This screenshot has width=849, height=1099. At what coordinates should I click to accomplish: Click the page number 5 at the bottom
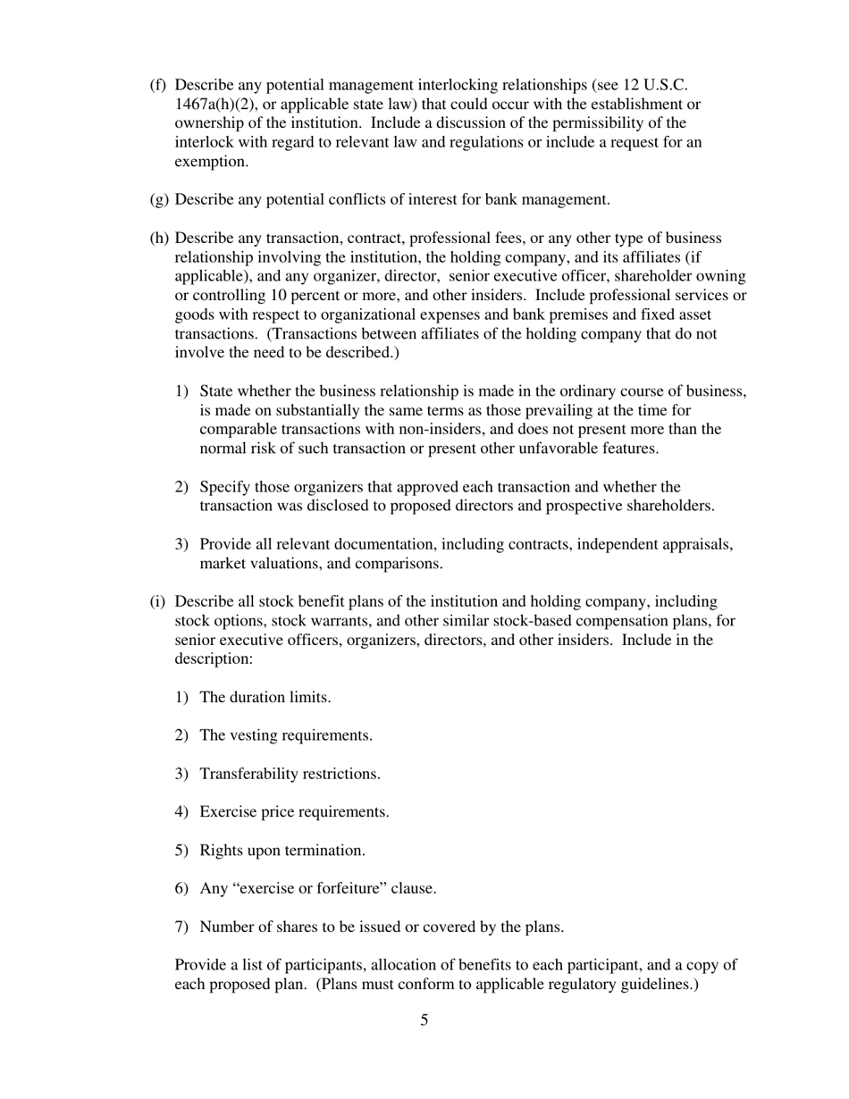[x=424, y=1020]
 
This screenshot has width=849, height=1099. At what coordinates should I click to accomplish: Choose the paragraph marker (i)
[x=157, y=601]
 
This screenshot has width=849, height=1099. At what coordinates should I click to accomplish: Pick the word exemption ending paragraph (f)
[x=210, y=161]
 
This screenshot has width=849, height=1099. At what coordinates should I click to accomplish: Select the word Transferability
[x=249, y=774]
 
